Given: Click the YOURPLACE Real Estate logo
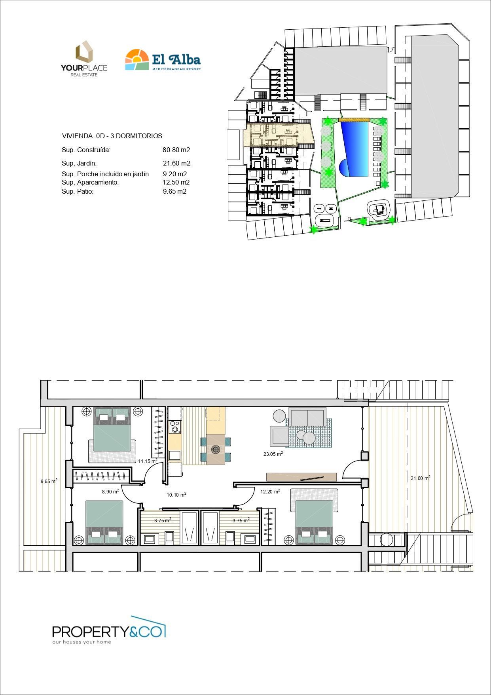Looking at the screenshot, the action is point(84,58).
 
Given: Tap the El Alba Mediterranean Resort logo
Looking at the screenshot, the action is point(163,60).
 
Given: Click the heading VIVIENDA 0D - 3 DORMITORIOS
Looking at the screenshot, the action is point(112,136).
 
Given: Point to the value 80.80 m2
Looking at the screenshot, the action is point(176,150).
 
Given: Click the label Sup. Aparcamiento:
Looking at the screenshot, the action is point(90,182).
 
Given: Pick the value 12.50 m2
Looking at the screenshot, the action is point(176,182).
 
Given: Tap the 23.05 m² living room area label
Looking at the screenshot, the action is point(273,454).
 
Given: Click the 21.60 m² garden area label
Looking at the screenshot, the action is point(420,478).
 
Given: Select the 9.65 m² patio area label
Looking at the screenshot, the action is point(49,481).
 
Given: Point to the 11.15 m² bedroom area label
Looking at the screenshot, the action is point(148,461).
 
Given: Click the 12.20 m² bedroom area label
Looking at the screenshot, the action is point(270,491).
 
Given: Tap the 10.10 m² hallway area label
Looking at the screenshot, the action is point(176,495).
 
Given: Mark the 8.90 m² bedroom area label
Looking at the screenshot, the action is point(110,491).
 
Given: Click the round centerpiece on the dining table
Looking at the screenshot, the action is point(216,449).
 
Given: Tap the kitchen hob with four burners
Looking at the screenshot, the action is point(174,427).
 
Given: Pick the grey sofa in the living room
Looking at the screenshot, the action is point(307,417).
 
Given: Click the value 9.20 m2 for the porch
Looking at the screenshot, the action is point(175,174).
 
